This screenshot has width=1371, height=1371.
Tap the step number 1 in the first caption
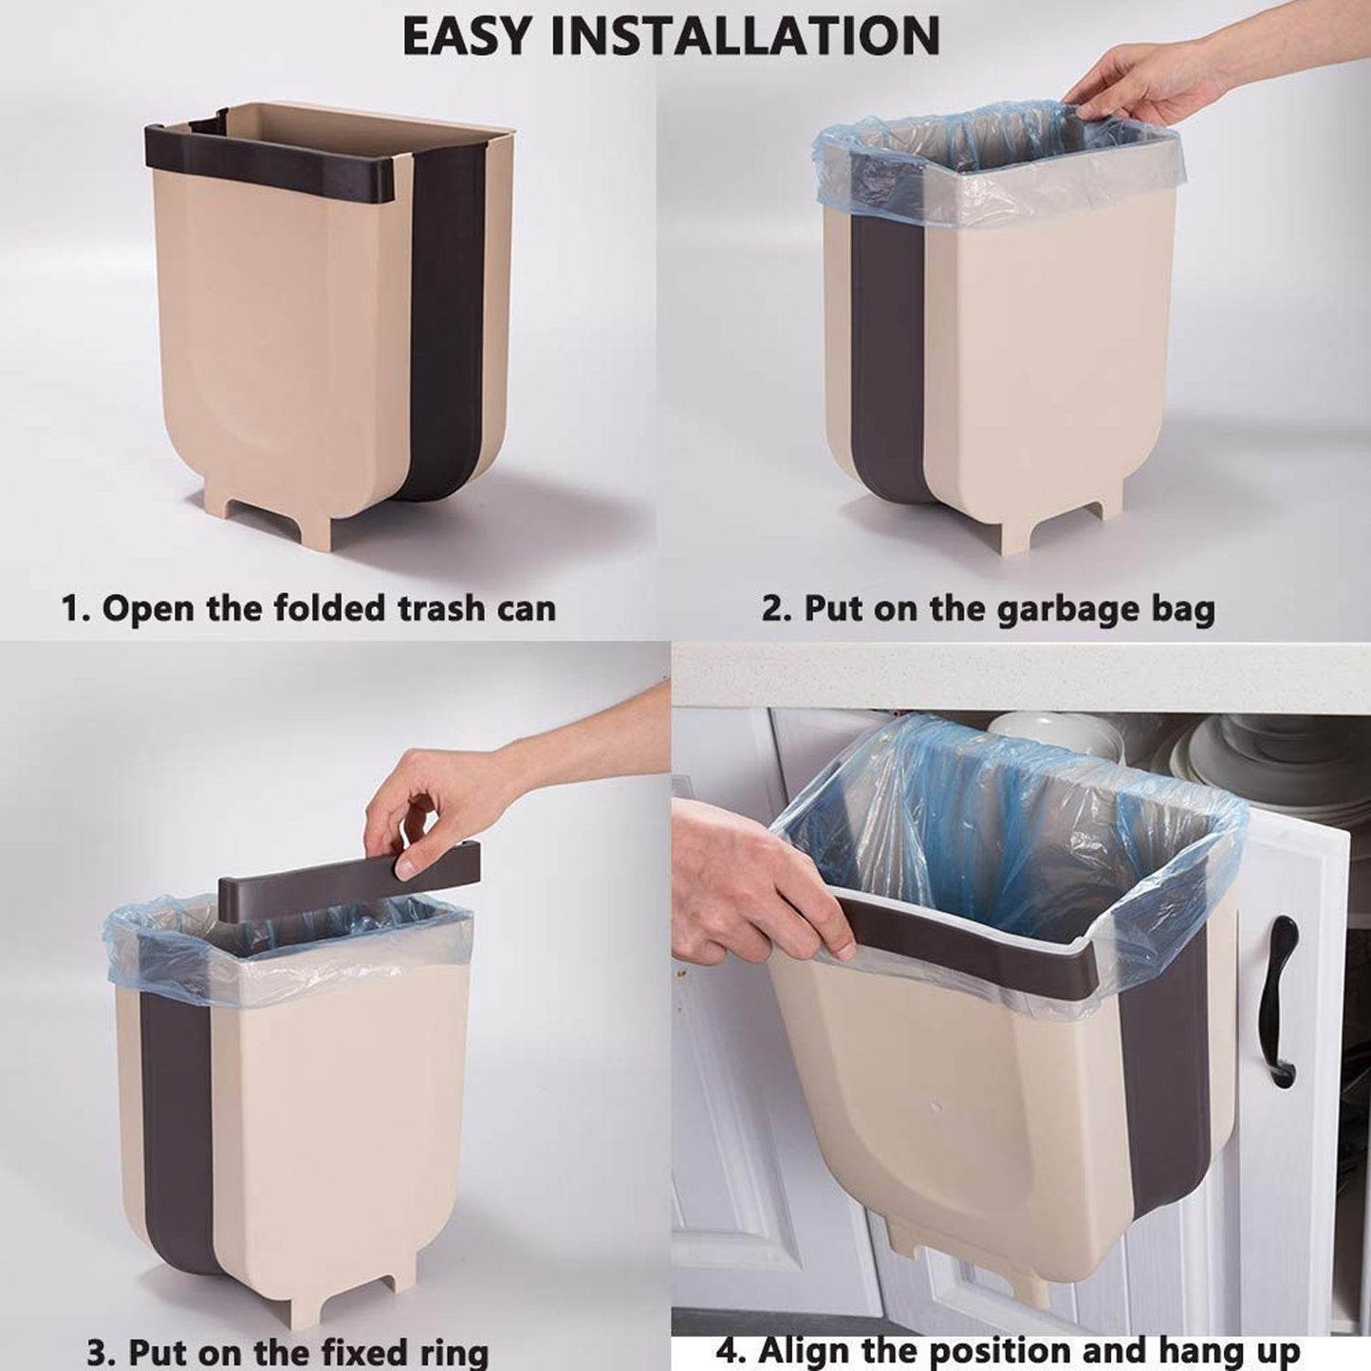point(72,608)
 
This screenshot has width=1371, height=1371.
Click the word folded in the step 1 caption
point(328,608)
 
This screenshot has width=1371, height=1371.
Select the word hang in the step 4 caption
point(1186,1349)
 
